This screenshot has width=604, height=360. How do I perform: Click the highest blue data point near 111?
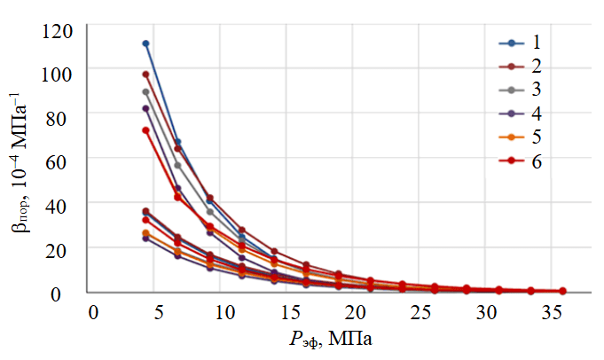pos(145,43)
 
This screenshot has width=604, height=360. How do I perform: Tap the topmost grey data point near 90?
pos(145,91)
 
